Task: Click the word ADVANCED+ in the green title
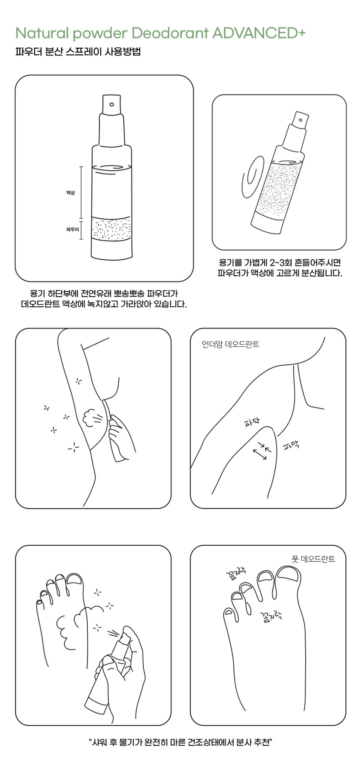[259, 33]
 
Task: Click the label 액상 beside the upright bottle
[70, 192]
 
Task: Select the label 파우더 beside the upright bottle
[72, 229]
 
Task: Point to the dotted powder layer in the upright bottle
[111, 229]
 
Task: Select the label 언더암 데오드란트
[231, 344]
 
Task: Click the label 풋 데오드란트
[313, 559]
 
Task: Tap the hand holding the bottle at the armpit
[121, 436]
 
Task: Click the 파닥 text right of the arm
[291, 446]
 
